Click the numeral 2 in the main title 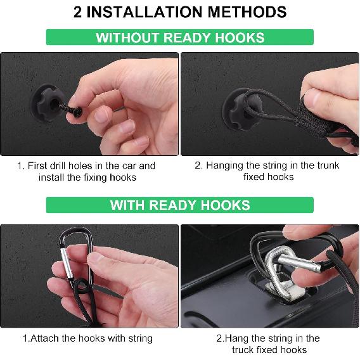[77, 12]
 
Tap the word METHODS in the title [247, 12]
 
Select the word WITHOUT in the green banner [127, 37]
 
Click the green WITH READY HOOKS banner [180, 205]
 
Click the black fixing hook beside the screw [45, 103]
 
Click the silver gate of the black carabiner [67, 262]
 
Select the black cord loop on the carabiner [81, 286]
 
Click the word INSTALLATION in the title [145, 12]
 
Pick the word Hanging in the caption [224, 166]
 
